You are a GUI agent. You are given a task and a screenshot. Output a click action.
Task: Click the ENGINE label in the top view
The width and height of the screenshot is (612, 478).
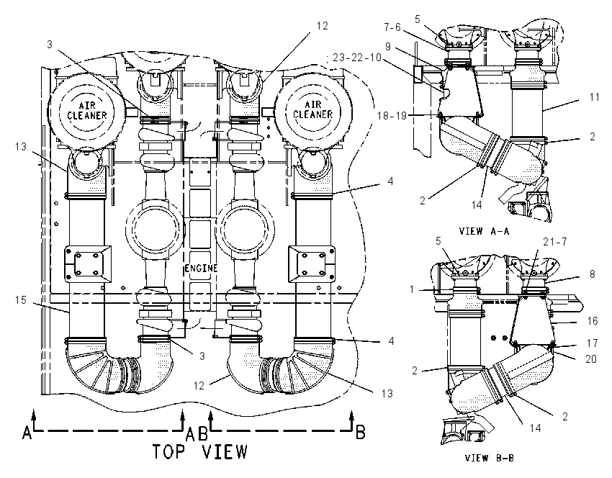coord(201,269)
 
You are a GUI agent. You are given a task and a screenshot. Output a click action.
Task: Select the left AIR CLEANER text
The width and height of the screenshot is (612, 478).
coord(86,111)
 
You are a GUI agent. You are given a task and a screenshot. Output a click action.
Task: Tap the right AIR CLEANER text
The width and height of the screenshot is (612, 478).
coord(313,109)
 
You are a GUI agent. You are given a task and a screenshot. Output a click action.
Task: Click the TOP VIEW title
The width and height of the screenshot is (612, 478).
coord(200,451)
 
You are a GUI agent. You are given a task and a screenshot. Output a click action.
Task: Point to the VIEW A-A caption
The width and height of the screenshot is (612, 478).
coord(485,231)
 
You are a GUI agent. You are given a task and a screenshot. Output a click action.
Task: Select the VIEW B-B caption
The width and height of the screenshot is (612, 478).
coord(490,458)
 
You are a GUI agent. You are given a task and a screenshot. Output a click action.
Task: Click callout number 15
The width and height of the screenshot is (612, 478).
coord(21,300)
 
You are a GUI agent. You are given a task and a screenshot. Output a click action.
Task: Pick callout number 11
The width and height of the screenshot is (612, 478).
coord(595,96)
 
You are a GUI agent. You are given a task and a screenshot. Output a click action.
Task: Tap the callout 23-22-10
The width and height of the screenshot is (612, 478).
coord(356,58)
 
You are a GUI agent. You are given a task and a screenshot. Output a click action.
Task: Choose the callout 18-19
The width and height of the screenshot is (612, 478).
coord(392,115)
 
